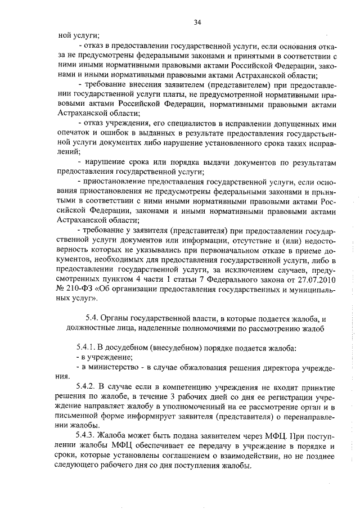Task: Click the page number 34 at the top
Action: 197,22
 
